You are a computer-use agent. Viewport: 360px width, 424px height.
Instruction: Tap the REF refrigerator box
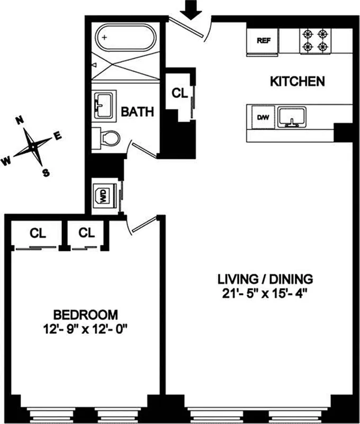(263, 40)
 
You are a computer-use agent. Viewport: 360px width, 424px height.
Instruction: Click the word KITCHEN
(297, 82)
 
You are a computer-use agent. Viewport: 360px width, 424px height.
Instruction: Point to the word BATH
(138, 112)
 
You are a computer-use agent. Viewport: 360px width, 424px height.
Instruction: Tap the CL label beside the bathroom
(180, 92)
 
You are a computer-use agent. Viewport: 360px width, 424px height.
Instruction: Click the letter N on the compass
(21, 120)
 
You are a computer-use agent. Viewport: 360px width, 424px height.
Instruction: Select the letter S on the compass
(46, 172)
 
